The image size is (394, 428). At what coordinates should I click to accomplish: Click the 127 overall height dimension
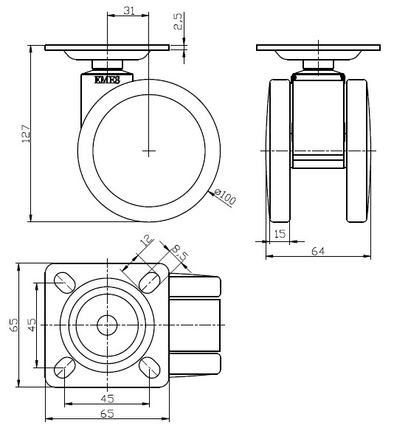[26, 134]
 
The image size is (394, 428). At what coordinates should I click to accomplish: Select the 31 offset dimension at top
[129, 10]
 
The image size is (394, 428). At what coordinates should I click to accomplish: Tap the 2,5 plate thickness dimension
[178, 21]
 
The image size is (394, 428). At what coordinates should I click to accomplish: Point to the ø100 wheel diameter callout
[225, 196]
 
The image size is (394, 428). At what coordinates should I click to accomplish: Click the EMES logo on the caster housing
[107, 80]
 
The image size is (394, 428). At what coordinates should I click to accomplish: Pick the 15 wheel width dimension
[280, 234]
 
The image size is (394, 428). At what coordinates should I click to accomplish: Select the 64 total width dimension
[318, 251]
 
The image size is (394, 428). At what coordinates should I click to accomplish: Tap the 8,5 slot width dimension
[180, 253]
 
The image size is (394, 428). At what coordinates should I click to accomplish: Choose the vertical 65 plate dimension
[14, 325]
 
